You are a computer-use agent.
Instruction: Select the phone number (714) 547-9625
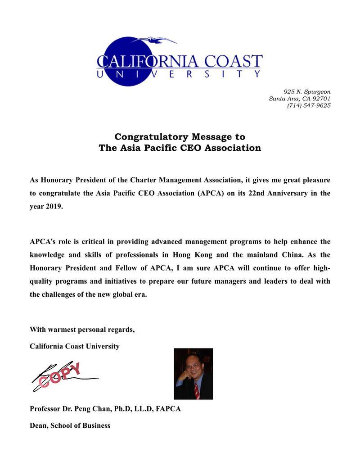309,106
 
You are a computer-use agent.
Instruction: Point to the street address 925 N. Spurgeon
307,92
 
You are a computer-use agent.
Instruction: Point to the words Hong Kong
195,255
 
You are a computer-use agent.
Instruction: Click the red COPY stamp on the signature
60,375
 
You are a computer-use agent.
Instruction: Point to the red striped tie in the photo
197,391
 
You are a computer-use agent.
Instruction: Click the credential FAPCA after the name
168,409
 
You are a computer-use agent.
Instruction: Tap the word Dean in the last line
38,425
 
